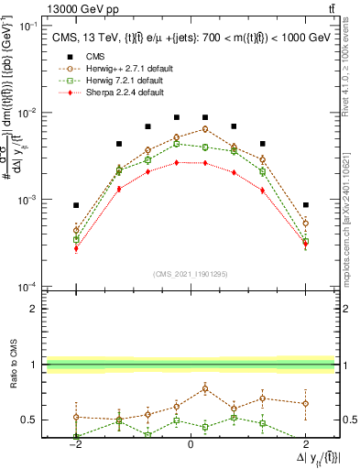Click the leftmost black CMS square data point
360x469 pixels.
(x=76, y=205)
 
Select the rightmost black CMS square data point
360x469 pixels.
(x=305, y=205)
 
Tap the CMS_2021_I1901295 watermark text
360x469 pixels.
(x=190, y=274)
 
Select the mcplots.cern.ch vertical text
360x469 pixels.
(x=351, y=220)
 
